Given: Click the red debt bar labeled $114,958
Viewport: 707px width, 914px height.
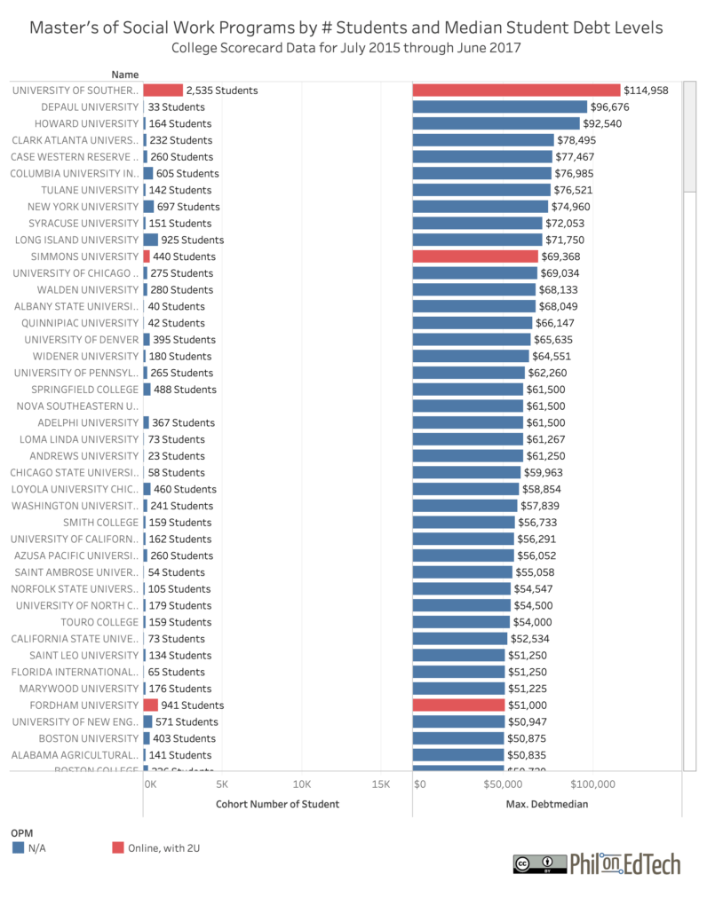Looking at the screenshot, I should [516, 90].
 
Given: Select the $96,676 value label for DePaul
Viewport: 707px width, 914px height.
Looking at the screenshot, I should [622, 106].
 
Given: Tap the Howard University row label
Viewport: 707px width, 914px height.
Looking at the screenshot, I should [86, 123].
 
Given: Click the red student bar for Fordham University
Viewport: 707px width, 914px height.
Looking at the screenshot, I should [150, 705].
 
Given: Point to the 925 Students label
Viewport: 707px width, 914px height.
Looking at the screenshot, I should [193, 240].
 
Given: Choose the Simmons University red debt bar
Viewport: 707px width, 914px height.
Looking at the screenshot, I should [475, 256].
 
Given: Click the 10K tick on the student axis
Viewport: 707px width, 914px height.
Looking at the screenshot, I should [301, 784].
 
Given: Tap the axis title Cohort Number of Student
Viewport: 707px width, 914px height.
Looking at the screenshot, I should [277, 804].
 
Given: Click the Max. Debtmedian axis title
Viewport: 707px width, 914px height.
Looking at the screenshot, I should [547, 804].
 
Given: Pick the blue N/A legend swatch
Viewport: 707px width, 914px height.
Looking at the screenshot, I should [18, 848].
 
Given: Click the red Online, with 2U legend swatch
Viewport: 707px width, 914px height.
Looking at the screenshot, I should [118, 848].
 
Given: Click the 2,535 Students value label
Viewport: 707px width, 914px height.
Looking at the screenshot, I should [222, 91].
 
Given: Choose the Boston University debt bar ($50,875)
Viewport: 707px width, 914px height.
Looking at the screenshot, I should [458, 738].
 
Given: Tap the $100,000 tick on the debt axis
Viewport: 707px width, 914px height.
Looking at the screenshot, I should [592, 784].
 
